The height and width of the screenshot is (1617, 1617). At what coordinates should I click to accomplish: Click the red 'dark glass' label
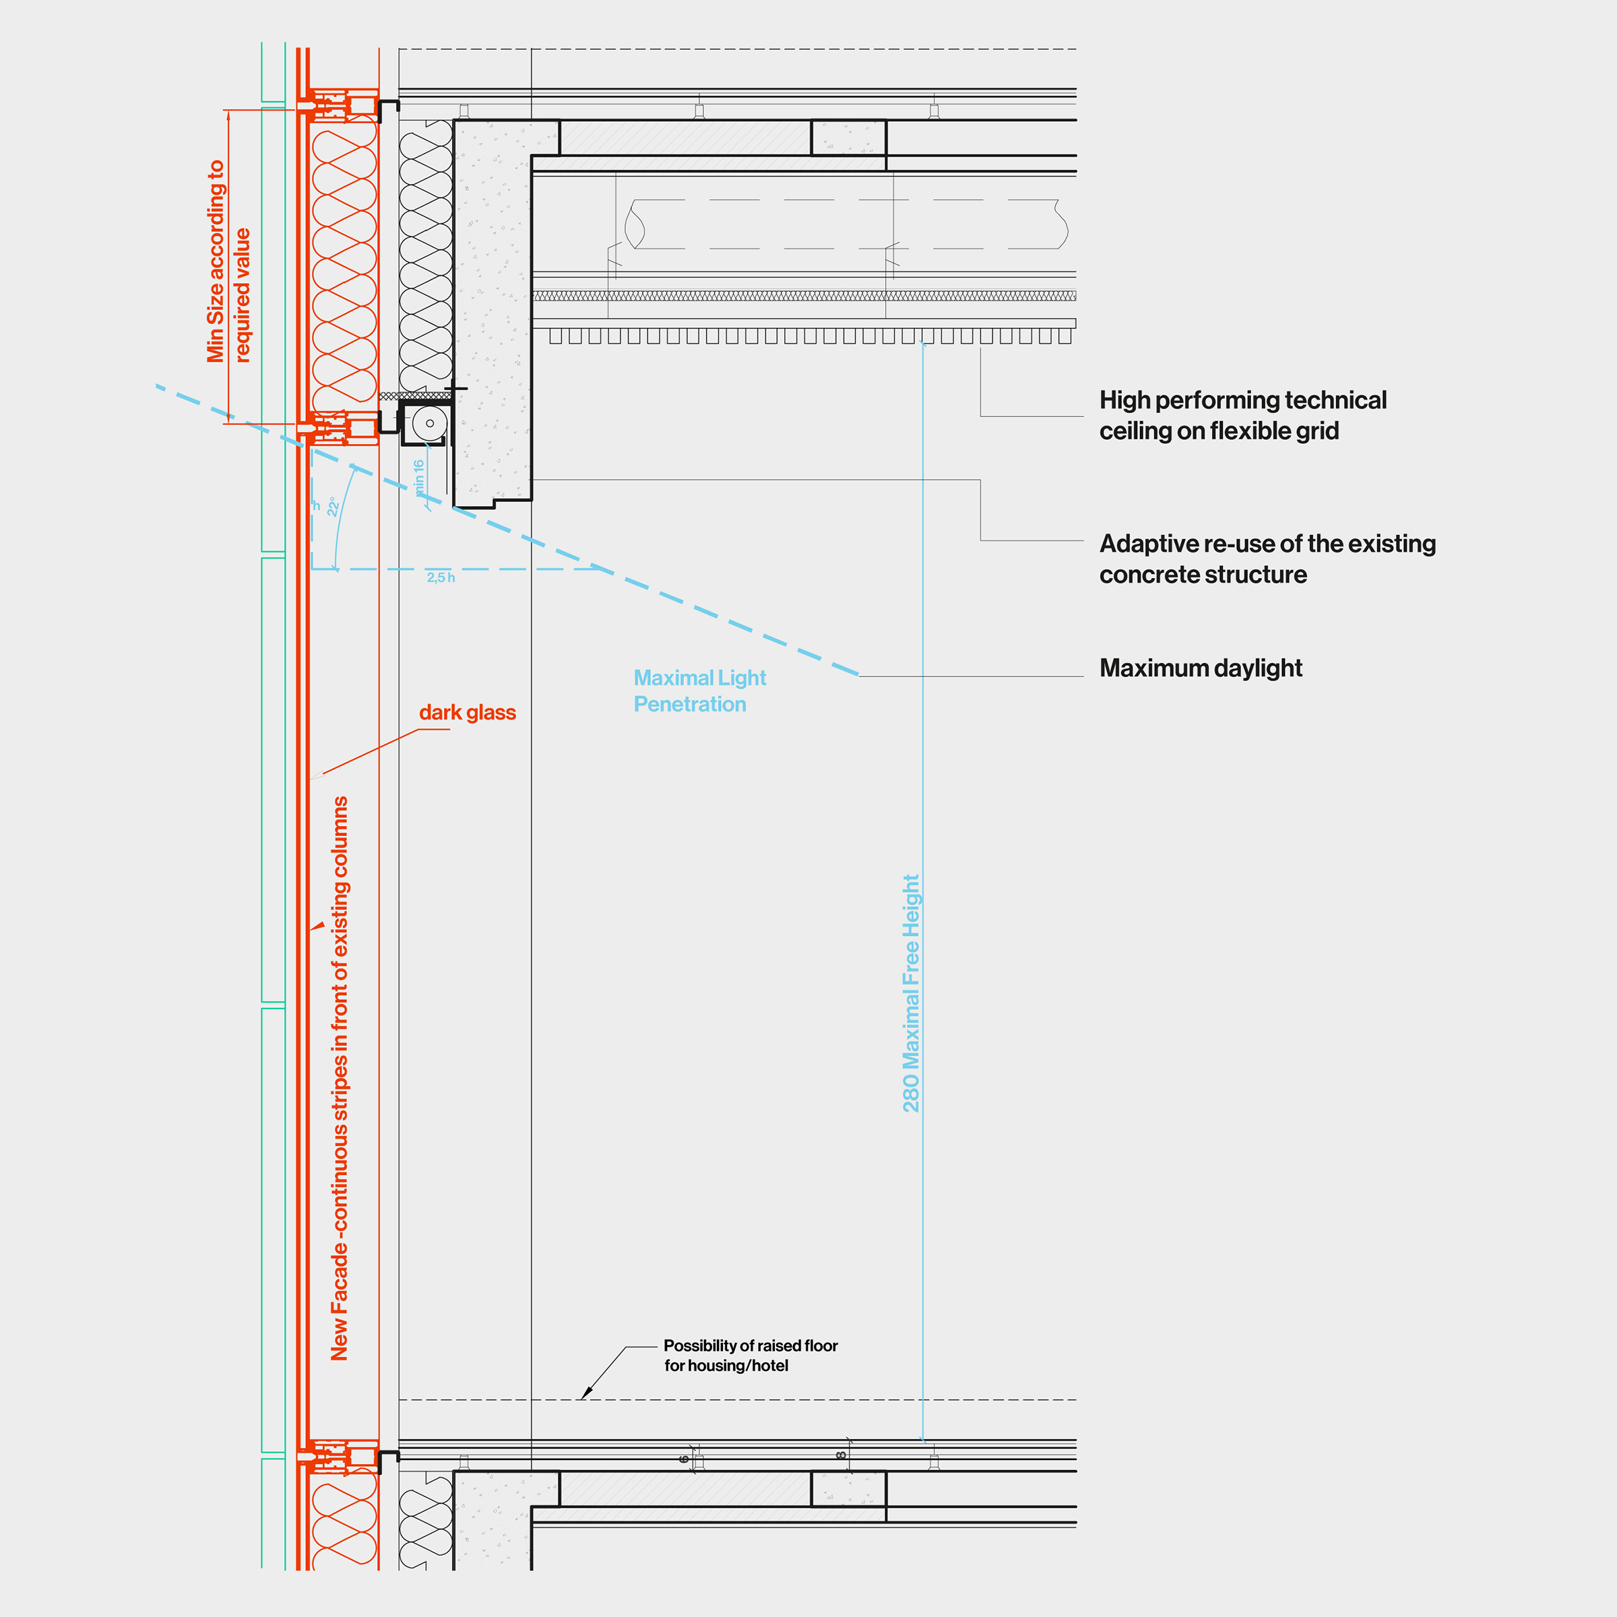pos(467,712)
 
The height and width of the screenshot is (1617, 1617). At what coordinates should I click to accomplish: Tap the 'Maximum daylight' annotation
pos(1200,668)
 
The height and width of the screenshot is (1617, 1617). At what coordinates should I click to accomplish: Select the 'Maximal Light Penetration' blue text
pos(699,691)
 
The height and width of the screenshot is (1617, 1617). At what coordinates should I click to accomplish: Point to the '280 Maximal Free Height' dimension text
pos(911,994)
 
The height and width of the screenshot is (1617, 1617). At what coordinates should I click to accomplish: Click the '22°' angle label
pos(332,507)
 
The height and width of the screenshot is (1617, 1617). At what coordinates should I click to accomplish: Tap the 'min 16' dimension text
pos(419,477)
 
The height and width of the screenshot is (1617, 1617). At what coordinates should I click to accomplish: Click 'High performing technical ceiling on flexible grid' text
pos(1242,415)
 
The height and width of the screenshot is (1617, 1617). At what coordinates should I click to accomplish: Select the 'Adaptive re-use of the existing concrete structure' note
pos(1267,559)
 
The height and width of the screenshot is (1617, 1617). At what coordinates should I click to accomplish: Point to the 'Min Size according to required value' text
pos(228,261)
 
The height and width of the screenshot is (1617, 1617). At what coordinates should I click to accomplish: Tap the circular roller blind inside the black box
pos(429,424)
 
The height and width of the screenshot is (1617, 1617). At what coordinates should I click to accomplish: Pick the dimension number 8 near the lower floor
pos(840,1455)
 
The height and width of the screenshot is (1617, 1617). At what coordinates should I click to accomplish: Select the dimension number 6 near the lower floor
pos(684,1459)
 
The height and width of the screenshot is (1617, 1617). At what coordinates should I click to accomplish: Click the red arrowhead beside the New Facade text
pos(318,926)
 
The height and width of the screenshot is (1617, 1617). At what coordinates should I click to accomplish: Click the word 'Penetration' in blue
pos(690,705)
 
